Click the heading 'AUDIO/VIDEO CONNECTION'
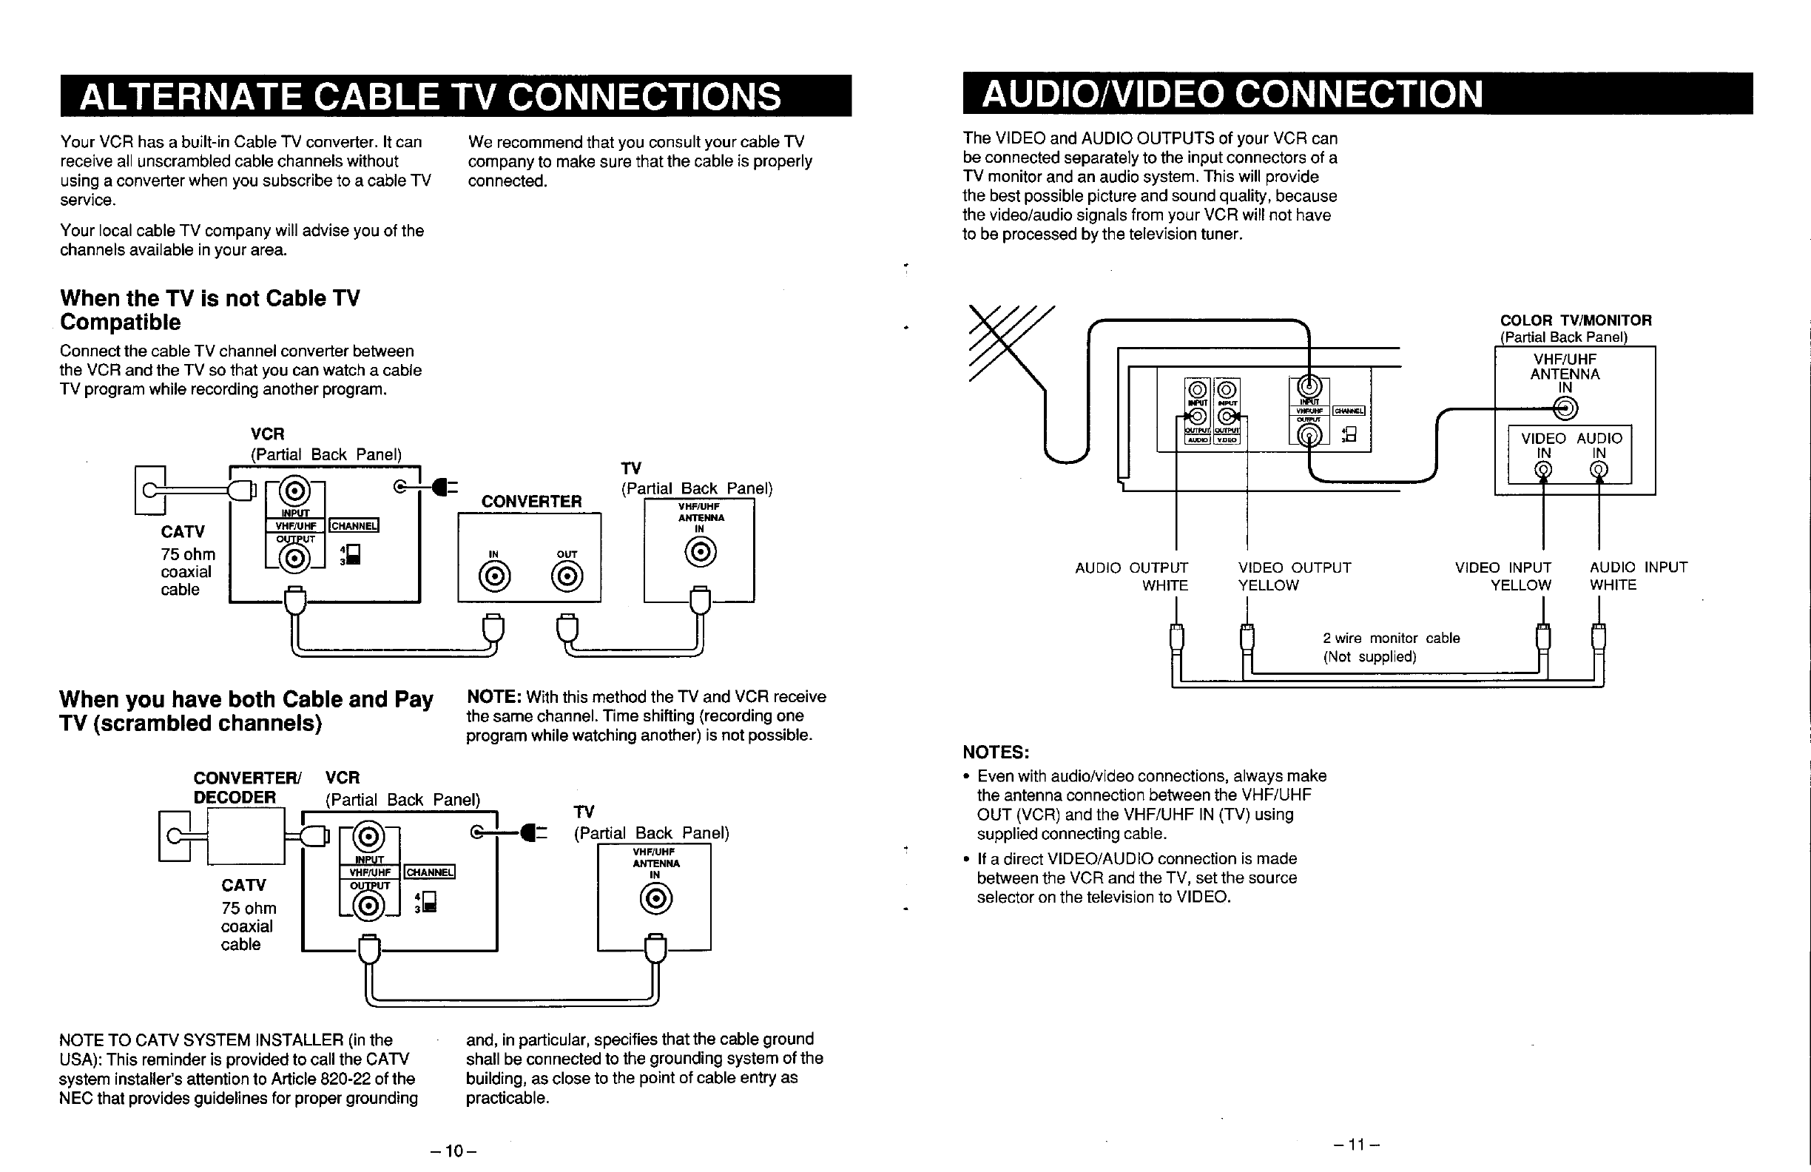(1232, 94)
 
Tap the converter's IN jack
(494, 578)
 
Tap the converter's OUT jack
(567, 578)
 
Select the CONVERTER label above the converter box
(531, 502)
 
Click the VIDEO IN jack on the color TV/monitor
(1543, 471)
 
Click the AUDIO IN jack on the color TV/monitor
(1599, 471)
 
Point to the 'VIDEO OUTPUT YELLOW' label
(1294, 576)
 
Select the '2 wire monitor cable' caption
(1391, 639)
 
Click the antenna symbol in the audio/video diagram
(1008, 343)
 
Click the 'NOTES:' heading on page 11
(995, 752)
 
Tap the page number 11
(1356, 1144)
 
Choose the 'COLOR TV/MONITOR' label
(1575, 320)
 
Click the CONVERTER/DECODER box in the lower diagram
(246, 836)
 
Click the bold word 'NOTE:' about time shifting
(493, 696)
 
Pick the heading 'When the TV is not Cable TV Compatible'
(210, 310)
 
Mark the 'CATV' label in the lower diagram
(243, 885)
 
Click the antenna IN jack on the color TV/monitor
(1565, 409)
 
